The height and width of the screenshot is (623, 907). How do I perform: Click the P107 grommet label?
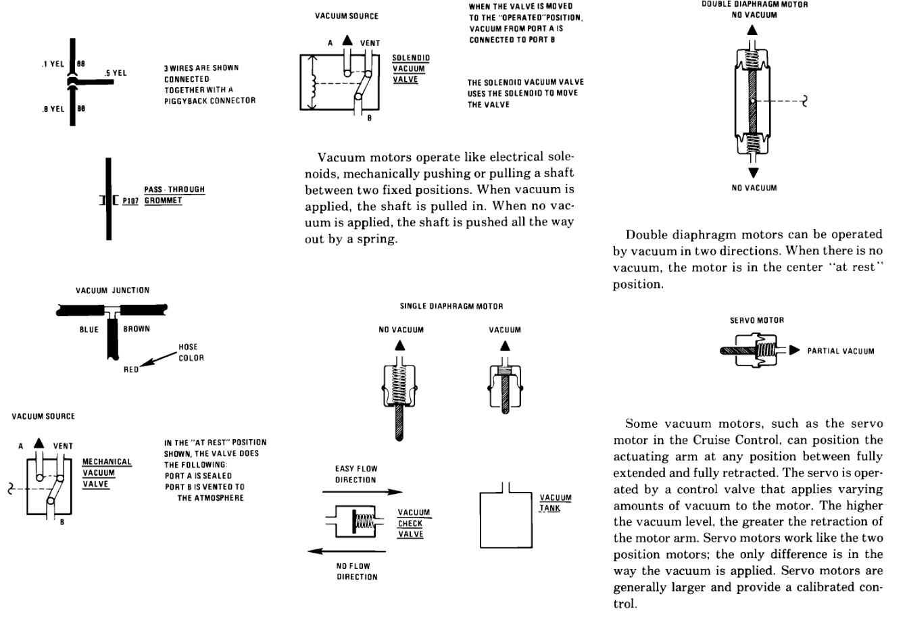click(x=131, y=201)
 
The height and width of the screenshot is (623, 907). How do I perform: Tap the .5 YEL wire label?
click(x=116, y=73)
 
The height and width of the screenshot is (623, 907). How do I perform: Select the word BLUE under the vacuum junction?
click(x=89, y=330)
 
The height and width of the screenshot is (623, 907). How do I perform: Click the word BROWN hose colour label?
click(x=137, y=329)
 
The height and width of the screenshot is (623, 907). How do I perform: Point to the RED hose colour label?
click(x=130, y=370)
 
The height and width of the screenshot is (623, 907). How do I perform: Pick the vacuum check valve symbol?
click(x=356, y=520)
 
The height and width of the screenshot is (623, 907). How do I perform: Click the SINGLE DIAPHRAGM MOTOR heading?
click(x=451, y=306)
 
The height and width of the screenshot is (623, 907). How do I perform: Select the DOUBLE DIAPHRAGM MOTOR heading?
click(x=754, y=4)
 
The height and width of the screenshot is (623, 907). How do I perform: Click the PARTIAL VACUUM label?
click(x=840, y=351)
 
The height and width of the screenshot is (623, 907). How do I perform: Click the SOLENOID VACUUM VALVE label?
click(x=410, y=69)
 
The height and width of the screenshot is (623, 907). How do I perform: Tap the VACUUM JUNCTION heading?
click(x=112, y=291)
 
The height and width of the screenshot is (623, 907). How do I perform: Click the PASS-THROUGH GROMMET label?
click(x=174, y=195)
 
